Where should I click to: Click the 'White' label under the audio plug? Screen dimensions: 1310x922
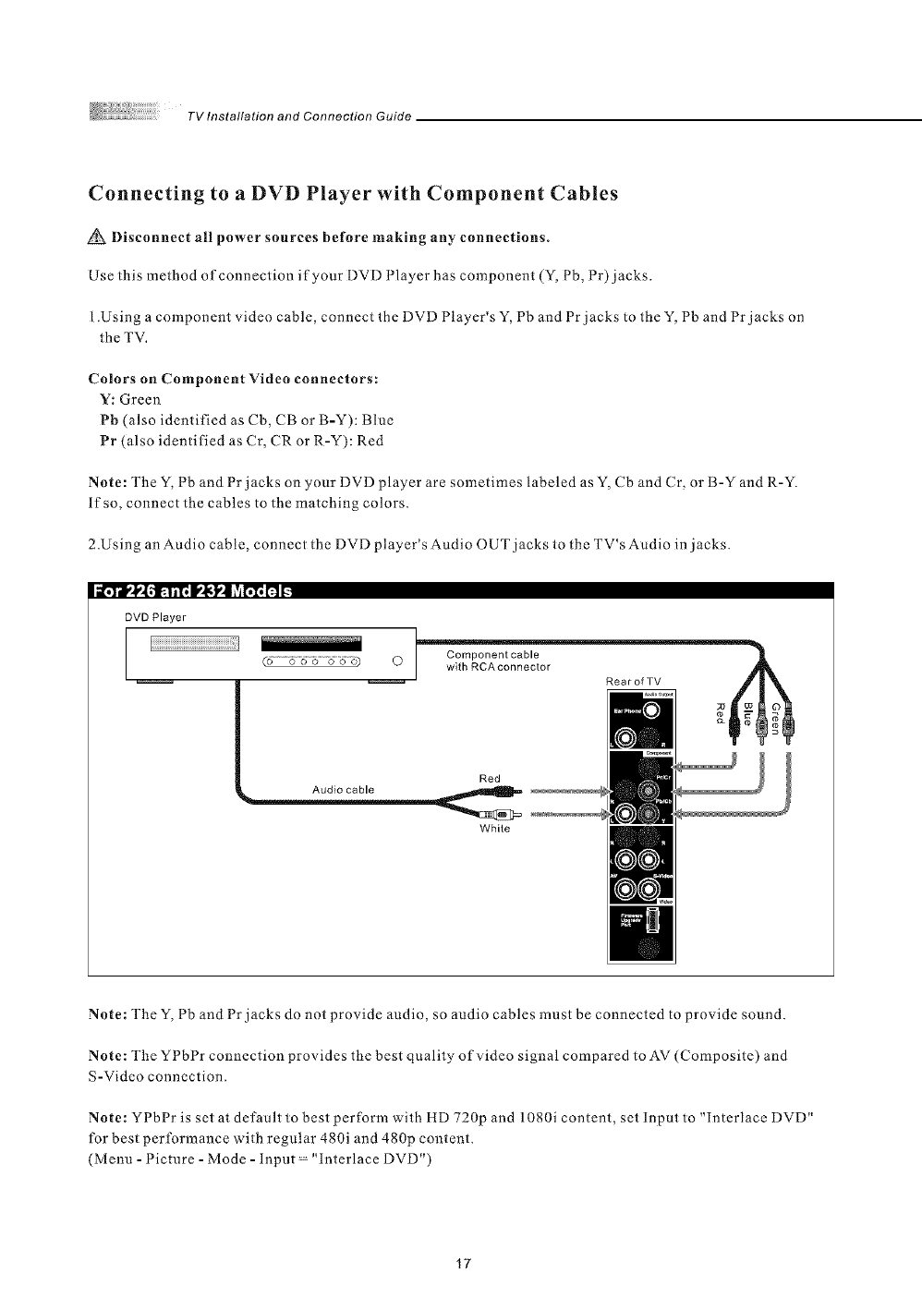(490, 828)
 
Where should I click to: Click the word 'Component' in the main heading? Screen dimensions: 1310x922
(475, 194)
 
